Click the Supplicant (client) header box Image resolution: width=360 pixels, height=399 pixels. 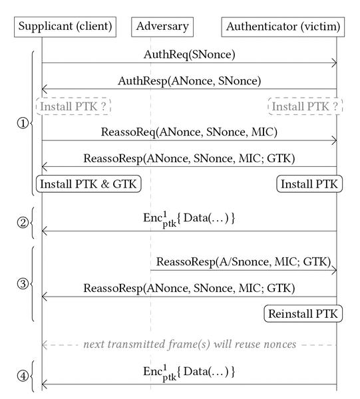(x=65, y=27)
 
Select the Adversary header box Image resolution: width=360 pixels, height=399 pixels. (x=162, y=27)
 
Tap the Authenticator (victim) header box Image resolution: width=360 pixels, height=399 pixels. (x=283, y=27)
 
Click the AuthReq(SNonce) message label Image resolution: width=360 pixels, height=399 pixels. (x=190, y=55)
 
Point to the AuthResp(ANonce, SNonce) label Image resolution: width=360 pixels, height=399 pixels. (x=190, y=81)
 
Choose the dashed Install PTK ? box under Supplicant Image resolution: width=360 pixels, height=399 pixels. (x=73, y=106)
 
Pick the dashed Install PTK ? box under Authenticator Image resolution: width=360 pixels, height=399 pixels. (x=305, y=106)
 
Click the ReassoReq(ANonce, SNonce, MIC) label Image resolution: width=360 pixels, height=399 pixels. (x=189, y=132)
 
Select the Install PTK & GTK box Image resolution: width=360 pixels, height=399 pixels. (x=89, y=184)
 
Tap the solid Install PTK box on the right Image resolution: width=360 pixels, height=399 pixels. (x=309, y=184)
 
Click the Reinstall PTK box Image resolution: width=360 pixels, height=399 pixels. (x=303, y=313)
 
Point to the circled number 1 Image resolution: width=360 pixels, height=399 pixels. (x=23, y=124)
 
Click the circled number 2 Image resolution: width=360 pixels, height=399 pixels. (x=23, y=223)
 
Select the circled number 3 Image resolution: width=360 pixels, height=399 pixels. (x=23, y=283)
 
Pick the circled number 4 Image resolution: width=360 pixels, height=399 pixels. (x=23, y=376)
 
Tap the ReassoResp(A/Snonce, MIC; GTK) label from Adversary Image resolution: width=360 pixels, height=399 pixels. (x=244, y=262)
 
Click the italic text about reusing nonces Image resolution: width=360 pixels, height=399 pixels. (x=190, y=344)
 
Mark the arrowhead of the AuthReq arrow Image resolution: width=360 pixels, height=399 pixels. (x=334, y=63)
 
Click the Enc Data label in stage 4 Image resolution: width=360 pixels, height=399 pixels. (x=189, y=372)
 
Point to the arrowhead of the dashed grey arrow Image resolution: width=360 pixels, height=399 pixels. (x=45, y=345)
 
